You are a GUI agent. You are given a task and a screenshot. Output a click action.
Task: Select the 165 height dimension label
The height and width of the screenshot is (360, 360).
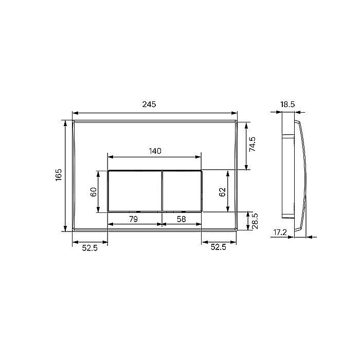tap(59, 175)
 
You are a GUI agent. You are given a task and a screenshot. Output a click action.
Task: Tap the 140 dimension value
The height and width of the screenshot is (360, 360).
tap(155, 151)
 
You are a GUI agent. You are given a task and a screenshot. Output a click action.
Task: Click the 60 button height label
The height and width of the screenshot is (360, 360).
tap(94, 191)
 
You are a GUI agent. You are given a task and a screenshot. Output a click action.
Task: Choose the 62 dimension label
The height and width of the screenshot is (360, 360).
tap(222, 192)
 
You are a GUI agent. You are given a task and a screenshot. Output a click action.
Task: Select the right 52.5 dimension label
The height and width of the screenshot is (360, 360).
tap(219, 247)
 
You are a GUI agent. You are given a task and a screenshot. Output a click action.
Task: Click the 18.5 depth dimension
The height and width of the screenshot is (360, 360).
tap(287, 104)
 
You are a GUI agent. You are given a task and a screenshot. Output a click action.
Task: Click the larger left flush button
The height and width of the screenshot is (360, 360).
tap(134, 190)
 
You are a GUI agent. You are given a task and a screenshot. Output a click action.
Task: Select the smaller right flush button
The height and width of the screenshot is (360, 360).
tap(182, 190)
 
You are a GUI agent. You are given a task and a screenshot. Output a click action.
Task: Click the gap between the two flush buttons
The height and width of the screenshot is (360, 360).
tap(161, 190)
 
